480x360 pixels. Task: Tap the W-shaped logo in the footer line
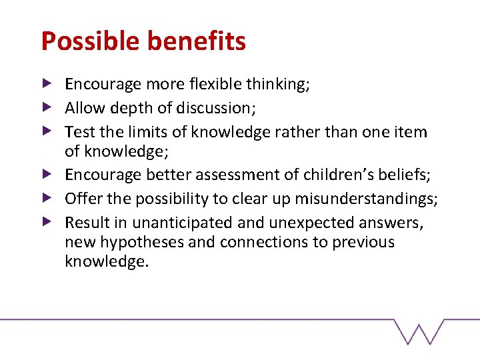419,331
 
